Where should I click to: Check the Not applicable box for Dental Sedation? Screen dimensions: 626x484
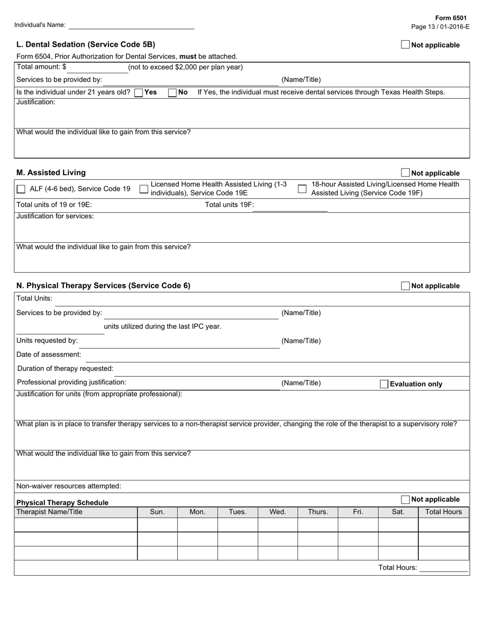(405, 45)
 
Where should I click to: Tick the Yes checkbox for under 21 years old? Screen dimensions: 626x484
(138, 93)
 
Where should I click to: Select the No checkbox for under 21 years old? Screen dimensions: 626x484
(172, 93)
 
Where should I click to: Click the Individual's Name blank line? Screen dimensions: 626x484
(131, 25)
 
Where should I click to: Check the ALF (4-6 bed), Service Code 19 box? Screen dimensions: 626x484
(21, 189)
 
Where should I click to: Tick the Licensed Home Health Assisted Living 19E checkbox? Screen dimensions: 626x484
(144, 189)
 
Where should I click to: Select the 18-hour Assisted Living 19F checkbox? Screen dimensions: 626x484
(302, 189)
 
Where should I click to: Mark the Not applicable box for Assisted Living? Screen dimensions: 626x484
(405, 173)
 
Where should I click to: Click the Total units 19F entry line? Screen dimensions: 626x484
(290, 206)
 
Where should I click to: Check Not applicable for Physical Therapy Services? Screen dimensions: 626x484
(405, 286)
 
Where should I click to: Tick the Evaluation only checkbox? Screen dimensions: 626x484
(384, 384)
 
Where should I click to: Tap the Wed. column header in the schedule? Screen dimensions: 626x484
(278, 512)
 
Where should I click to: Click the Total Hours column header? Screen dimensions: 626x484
(443, 512)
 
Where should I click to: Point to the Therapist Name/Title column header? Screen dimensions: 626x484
(49, 512)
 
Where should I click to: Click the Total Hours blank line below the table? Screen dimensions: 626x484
(443, 568)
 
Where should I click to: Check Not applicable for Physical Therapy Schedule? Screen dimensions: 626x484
(405, 500)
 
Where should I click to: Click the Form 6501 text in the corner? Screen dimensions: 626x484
(450, 18)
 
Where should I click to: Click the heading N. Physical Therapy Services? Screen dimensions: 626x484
(103, 286)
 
